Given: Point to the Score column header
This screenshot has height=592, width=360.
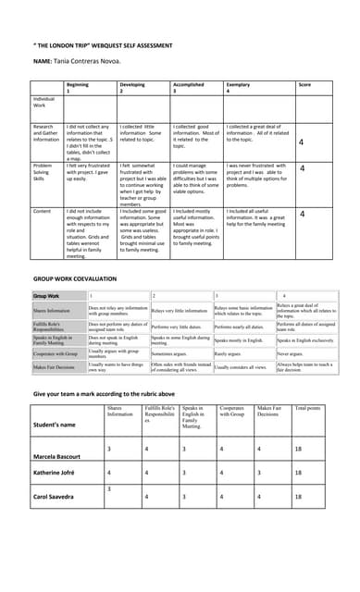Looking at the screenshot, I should point(304,84).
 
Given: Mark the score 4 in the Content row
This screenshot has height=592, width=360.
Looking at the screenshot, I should point(302,214).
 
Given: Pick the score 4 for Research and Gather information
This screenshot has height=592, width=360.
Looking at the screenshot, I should point(302,142).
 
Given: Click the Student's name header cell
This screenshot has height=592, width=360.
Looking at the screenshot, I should point(55,425).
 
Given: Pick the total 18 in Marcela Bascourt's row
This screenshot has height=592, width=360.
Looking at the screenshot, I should point(299,449).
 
